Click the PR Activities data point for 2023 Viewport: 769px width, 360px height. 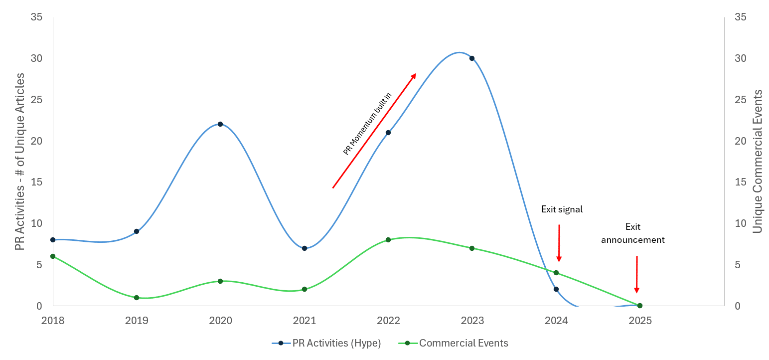[472, 58]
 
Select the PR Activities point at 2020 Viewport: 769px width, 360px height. [220, 124]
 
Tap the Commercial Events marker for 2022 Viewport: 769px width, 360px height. [388, 240]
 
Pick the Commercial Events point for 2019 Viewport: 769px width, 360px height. [137, 298]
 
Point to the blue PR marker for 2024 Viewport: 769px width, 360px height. [556, 289]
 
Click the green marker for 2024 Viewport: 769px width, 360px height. [556, 273]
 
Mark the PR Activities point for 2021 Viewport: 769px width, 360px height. [305, 248]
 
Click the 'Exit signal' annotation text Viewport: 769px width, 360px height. [562, 209]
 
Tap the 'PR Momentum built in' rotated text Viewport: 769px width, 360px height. [367, 124]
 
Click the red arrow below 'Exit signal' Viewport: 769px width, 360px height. [559, 243]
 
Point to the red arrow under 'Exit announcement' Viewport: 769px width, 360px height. [636, 274]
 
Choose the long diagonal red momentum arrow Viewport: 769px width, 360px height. [374, 131]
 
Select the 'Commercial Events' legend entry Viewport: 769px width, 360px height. [463, 343]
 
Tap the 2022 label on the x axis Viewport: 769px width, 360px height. [388, 320]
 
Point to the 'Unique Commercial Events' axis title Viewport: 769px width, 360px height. [758, 161]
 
